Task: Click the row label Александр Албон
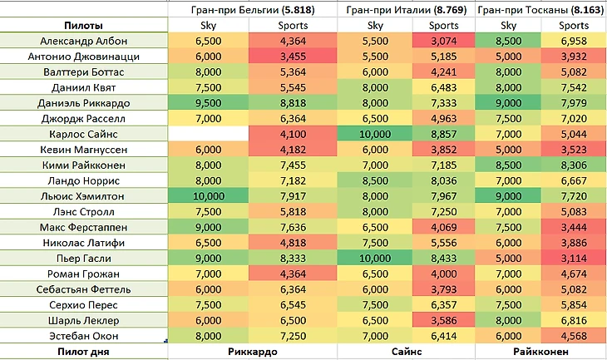[x=84, y=41]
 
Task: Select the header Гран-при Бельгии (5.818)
[x=253, y=10]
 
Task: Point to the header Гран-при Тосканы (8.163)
[x=541, y=10]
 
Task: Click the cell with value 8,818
[x=294, y=104]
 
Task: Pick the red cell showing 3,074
[x=443, y=41]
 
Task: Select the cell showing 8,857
[x=443, y=135]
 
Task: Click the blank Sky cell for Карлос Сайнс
[x=208, y=135]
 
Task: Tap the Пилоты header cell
[x=84, y=26]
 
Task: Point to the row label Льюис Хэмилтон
[x=84, y=196]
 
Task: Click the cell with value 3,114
[x=575, y=259]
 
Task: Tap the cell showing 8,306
[x=575, y=165]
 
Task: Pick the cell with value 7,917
[x=294, y=196]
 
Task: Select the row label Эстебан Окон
[x=84, y=336]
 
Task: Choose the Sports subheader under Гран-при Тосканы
[x=575, y=26]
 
